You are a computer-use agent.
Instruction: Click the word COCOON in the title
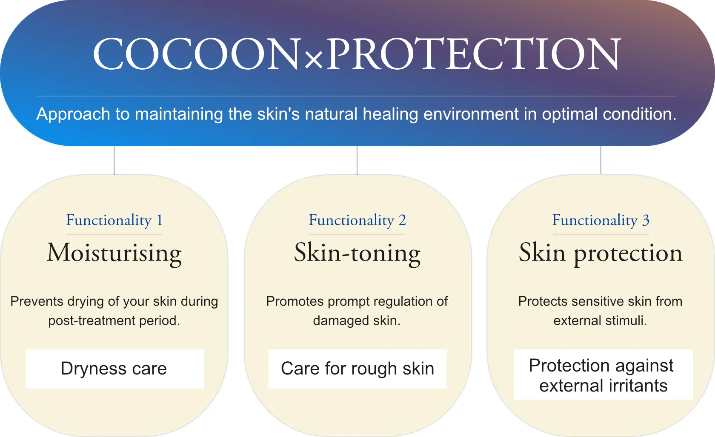click(x=196, y=54)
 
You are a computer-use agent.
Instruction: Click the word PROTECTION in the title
click(x=473, y=54)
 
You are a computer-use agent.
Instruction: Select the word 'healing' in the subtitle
click(x=390, y=114)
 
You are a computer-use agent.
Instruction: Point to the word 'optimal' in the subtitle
click(x=569, y=114)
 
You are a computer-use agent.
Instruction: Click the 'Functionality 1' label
click(x=114, y=220)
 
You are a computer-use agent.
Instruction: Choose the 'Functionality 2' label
click(x=357, y=220)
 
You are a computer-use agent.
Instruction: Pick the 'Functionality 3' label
click(x=601, y=220)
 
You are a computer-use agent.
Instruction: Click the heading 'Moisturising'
click(x=114, y=253)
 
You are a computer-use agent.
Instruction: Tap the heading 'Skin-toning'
click(x=357, y=253)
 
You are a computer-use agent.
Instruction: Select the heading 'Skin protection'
click(x=601, y=253)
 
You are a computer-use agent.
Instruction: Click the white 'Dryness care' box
click(x=115, y=369)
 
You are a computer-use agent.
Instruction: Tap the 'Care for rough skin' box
click(x=357, y=369)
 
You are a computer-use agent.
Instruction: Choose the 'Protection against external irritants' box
click(x=603, y=374)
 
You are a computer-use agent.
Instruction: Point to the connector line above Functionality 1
click(x=114, y=160)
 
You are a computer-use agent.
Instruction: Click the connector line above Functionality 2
click(x=357, y=160)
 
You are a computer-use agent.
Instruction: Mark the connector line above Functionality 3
click(x=601, y=160)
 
